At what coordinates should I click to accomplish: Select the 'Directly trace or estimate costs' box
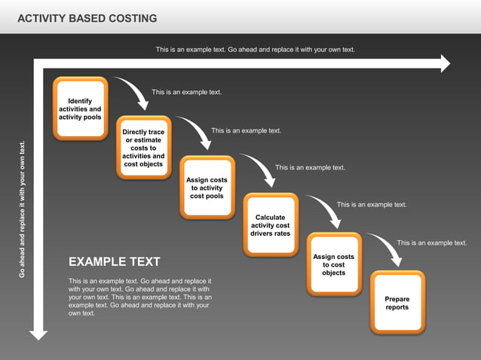(143, 148)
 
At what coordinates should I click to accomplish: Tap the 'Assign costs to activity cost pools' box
(207, 188)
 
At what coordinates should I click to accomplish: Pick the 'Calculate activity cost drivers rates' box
(270, 225)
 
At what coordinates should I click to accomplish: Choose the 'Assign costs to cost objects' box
(333, 264)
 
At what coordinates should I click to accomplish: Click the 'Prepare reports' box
(397, 303)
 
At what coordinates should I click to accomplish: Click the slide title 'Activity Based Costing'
(87, 18)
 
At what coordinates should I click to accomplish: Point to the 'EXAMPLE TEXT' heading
(114, 262)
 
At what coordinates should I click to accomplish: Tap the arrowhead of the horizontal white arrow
(445, 65)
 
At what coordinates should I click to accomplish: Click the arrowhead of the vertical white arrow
(38, 331)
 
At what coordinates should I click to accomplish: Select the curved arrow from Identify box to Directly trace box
(134, 95)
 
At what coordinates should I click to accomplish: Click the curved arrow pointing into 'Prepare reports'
(388, 249)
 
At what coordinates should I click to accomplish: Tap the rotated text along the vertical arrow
(22, 209)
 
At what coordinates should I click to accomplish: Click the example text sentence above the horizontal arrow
(255, 50)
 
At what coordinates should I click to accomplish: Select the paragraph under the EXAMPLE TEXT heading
(139, 297)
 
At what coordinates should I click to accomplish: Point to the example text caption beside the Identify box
(186, 92)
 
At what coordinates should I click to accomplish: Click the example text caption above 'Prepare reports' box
(431, 243)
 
